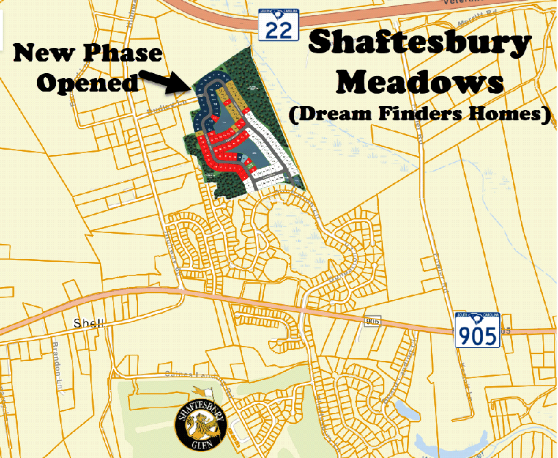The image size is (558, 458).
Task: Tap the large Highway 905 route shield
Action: (477, 330)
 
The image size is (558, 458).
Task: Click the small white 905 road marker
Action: (371, 321)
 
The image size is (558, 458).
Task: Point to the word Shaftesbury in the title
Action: (418, 44)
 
